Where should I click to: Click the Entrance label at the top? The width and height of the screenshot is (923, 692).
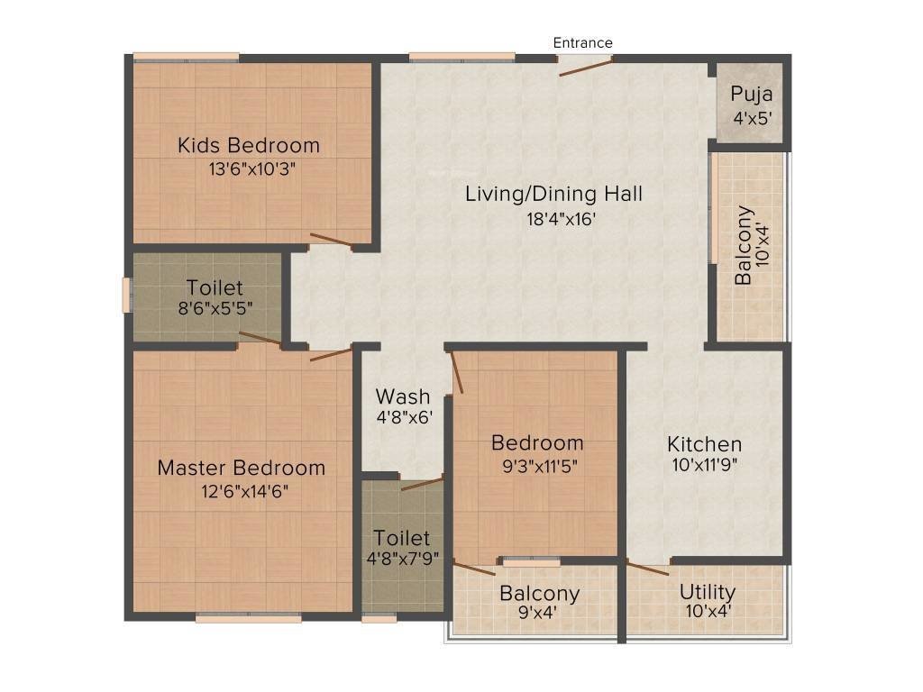pyautogui.click(x=582, y=42)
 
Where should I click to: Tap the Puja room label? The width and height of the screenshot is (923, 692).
pyautogui.click(x=751, y=94)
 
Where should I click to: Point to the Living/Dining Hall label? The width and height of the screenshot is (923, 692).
pyautogui.click(x=553, y=194)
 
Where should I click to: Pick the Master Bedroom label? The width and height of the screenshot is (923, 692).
pyautogui.click(x=241, y=468)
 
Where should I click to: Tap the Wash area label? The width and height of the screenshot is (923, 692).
pyautogui.click(x=403, y=396)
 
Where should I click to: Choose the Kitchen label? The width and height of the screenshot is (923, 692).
pyautogui.click(x=704, y=443)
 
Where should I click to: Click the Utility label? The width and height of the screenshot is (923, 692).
pyautogui.click(x=708, y=592)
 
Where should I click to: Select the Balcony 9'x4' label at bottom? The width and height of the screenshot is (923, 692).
pyautogui.click(x=539, y=594)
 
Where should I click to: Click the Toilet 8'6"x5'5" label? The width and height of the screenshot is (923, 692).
pyautogui.click(x=215, y=287)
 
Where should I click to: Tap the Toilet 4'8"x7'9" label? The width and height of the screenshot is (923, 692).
pyautogui.click(x=403, y=539)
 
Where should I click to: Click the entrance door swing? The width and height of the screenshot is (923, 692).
pyautogui.click(x=585, y=65)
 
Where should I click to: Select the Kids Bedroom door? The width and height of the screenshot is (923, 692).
pyautogui.click(x=331, y=239)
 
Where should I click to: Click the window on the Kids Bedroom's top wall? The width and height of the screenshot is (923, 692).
pyautogui.click(x=187, y=58)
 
